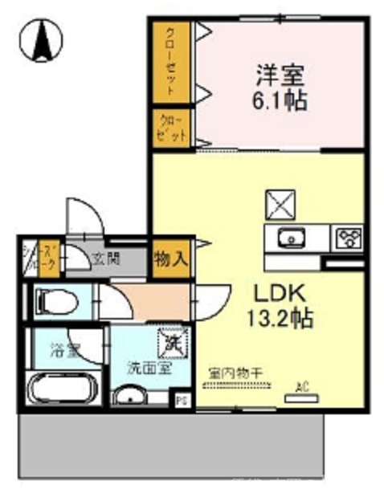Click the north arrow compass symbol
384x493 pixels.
click(39, 39)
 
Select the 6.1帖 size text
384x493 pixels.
click(279, 102)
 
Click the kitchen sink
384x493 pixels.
click(288, 238)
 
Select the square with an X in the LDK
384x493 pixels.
click(281, 203)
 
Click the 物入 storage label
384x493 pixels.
click(171, 259)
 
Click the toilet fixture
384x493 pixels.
click(56, 303)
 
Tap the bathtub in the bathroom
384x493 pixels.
click(62, 390)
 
